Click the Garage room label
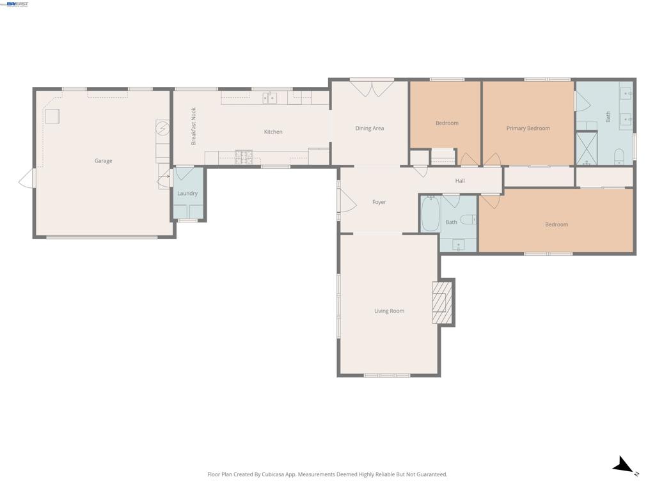103,160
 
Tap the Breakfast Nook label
193,126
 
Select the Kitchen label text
273,132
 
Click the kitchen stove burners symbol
244,157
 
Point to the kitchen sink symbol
270,98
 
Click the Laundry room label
187,193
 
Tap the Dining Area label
369,128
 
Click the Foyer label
379,202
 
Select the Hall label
460,181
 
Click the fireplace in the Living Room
443,302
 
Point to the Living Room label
389,311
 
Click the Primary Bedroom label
528,128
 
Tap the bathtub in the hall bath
430,214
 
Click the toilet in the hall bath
468,219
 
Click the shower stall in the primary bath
587,148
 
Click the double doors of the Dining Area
372,88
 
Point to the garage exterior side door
27,178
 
